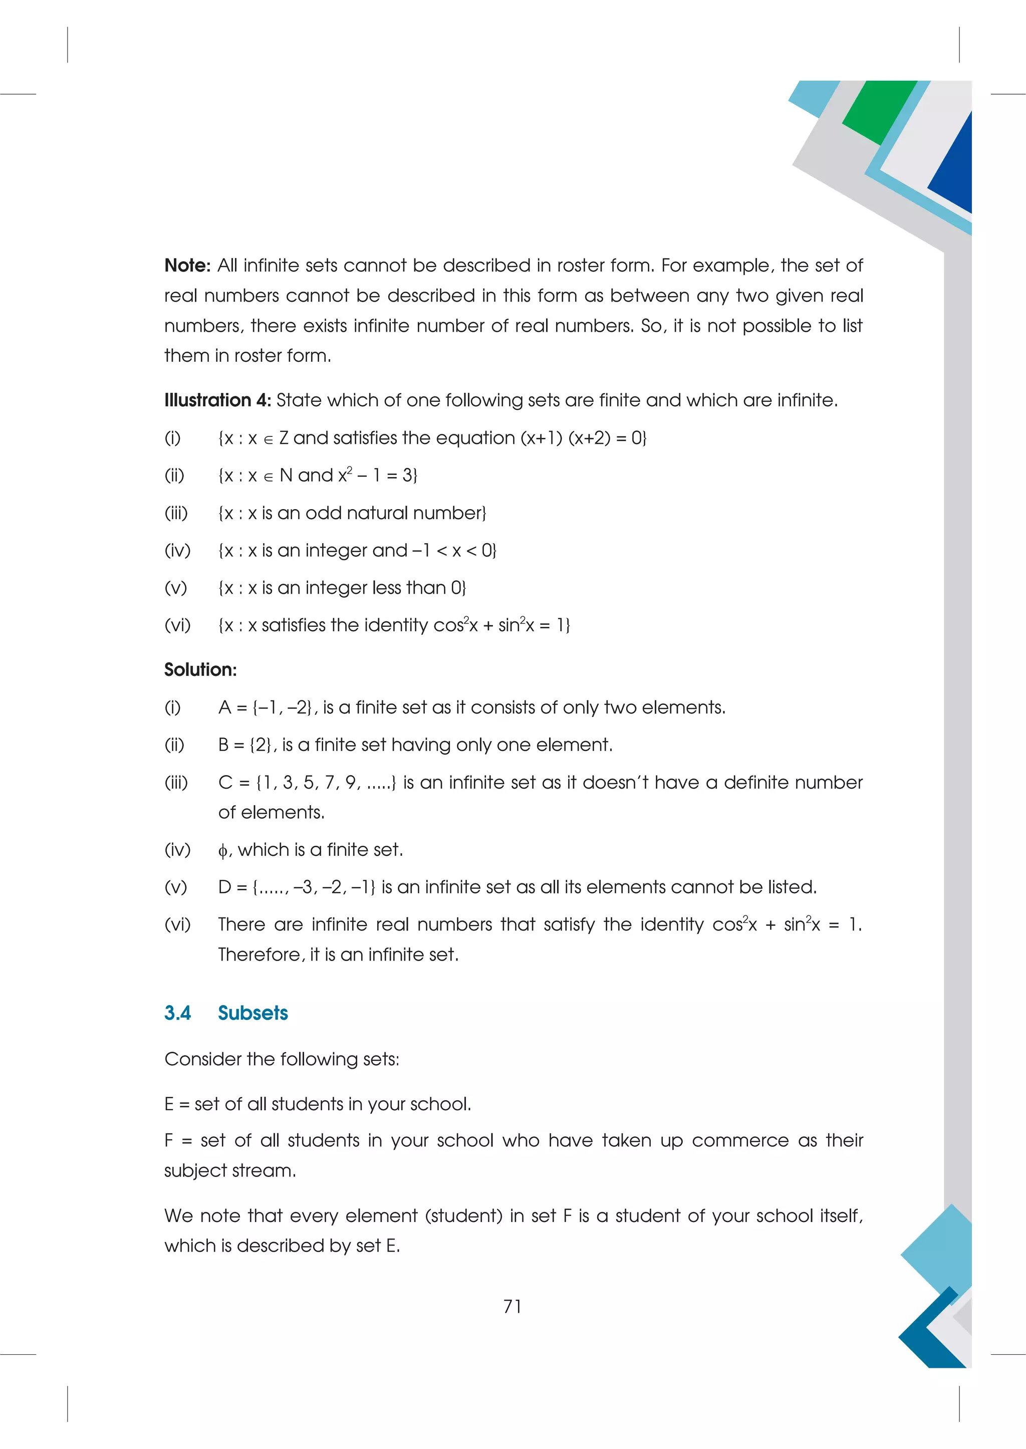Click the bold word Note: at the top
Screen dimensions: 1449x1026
click(187, 266)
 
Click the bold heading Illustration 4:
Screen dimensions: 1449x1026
click(217, 400)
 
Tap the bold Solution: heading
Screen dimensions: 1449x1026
click(200, 670)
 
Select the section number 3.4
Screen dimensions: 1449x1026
click(177, 1013)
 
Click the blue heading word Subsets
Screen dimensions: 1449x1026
click(252, 1013)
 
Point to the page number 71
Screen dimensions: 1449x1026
click(512, 1306)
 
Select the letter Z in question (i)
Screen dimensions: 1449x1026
click(284, 438)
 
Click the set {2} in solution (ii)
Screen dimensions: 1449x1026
click(261, 745)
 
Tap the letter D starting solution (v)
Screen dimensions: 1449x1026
click(224, 887)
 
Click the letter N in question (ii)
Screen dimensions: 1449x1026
click(286, 475)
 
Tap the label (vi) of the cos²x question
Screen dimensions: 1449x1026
click(177, 626)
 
